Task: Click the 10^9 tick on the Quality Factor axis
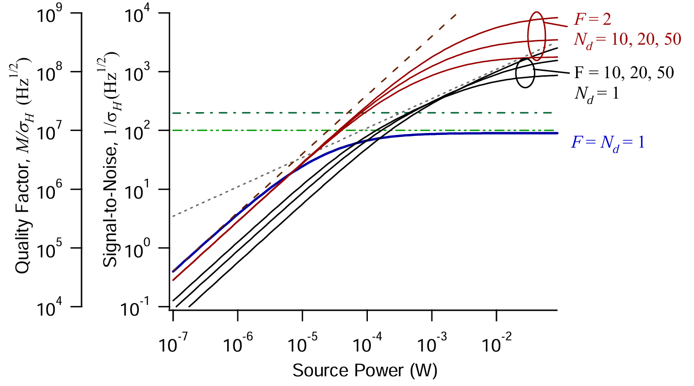coord(79,13)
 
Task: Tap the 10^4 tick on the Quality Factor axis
coord(79,307)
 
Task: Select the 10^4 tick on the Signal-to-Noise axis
coord(170,13)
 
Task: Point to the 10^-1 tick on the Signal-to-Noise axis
coord(170,307)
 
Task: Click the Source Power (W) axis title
coord(364,371)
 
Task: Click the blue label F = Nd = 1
coord(609,142)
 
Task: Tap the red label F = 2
coord(592,20)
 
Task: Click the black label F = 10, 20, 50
coord(624,73)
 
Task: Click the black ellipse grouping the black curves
coord(525,73)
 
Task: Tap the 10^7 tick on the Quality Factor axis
coord(79,131)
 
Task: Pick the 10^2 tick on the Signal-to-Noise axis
coord(170,131)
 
